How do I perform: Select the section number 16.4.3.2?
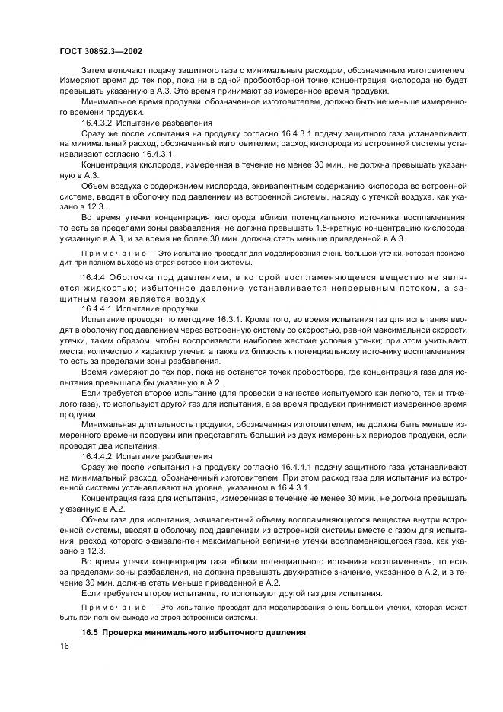pos(98,121)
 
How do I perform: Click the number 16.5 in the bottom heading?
pos(90,633)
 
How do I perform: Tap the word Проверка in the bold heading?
pos(126,633)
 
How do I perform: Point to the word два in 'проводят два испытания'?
pos(100,448)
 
